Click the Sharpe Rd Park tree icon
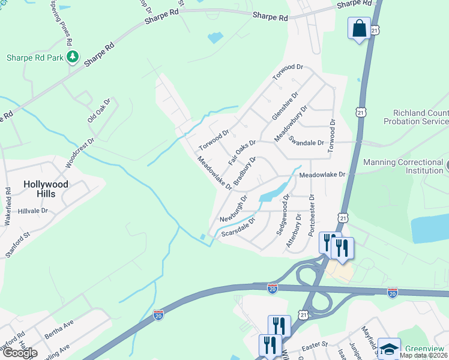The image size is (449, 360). (x=73, y=57)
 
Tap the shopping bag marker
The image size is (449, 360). (x=358, y=28)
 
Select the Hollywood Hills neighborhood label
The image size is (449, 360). (x=46, y=189)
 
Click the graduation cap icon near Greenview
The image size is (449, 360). (x=389, y=349)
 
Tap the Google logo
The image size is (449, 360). (x=20, y=353)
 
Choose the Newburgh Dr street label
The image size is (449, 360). (x=234, y=208)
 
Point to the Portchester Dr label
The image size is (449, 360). (x=312, y=214)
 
